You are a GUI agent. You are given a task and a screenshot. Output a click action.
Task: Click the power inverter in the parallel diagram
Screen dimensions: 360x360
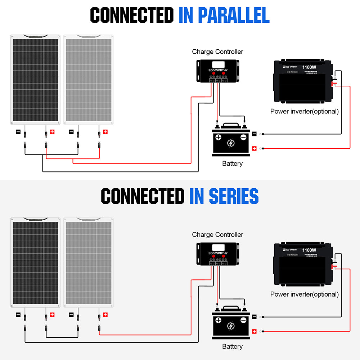pos(304,82)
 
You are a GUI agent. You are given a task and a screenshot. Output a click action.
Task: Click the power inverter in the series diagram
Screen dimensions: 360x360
pos(304,265)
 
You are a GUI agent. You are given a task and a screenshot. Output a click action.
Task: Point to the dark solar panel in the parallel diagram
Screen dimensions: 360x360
pos(35,80)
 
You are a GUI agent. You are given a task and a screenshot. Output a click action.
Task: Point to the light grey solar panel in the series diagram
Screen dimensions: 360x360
pos(89,262)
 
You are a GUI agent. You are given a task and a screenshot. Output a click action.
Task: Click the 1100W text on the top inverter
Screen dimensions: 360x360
pos(309,67)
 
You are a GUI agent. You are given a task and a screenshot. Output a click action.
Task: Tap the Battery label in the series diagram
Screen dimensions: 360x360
pos(232,346)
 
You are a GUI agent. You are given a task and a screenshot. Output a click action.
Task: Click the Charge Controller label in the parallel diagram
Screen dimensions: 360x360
pos(217,52)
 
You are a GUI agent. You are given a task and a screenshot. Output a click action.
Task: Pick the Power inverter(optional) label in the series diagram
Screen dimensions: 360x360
pos(304,294)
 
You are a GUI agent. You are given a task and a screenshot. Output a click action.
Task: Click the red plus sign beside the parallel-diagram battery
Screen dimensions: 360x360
pos(254,148)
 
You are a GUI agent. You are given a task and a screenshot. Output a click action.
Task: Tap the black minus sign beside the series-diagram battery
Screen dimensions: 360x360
pos(254,316)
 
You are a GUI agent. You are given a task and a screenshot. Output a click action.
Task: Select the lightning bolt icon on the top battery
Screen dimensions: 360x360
pos(231,143)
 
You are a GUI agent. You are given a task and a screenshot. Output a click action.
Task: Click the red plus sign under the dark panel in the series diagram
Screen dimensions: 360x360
pos(52,315)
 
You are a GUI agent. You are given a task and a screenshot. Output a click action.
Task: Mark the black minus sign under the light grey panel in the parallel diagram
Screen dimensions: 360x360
pos(71,132)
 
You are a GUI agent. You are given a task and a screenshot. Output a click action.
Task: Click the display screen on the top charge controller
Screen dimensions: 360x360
pos(217,66)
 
